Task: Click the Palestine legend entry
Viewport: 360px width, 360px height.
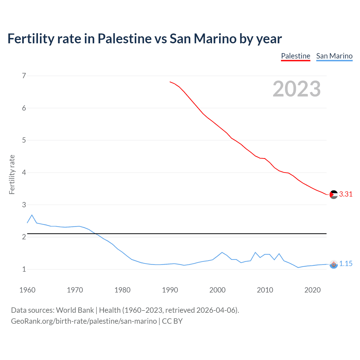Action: [296, 56]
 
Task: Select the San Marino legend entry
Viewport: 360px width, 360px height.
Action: [334, 56]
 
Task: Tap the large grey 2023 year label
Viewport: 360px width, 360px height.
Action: [297, 89]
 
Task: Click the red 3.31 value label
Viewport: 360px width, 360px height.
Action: [346, 194]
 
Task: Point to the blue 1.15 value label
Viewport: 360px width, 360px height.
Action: [346, 264]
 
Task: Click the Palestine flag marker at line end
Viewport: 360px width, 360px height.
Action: [334, 195]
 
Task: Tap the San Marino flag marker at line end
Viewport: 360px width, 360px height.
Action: [334, 264]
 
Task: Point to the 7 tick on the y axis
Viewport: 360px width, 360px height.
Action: [24, 76]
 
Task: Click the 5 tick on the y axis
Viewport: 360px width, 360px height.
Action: [24, 140]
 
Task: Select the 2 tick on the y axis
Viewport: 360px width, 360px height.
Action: [24, 237]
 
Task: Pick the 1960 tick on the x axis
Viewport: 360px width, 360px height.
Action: [27, 290]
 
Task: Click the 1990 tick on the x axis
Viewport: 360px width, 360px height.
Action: [170, 290]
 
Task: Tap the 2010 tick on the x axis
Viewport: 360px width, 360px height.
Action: [265, 290]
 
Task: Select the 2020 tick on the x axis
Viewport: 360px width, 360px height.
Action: [312, 290]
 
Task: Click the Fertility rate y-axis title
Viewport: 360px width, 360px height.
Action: [12, 174]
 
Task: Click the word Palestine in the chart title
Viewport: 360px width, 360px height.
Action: [125, 39]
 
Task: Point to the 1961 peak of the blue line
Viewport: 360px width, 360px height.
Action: [32, 215]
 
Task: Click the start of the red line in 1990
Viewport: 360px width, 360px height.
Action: [170, 82]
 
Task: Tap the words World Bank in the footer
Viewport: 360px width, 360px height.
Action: [75, 310]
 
